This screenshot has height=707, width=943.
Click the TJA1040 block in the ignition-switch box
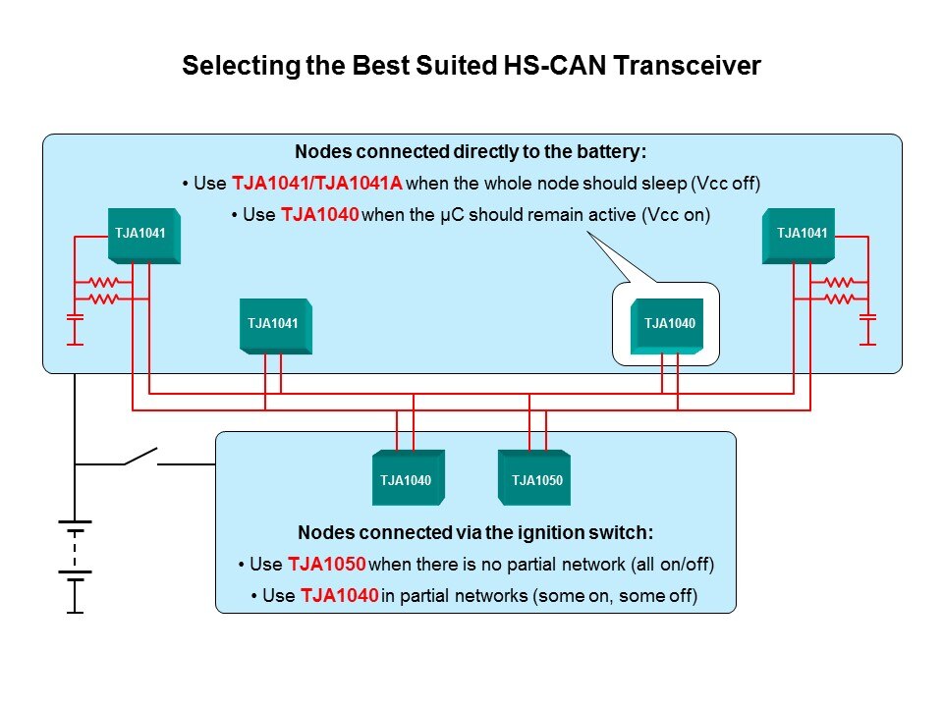408,478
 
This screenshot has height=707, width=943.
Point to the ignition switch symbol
140,457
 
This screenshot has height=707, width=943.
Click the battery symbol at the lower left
75,550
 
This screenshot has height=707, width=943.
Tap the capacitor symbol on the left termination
75,318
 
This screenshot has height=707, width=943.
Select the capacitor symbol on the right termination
867,318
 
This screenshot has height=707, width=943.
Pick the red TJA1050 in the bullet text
327,565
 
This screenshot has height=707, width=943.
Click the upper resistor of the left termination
103,283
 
